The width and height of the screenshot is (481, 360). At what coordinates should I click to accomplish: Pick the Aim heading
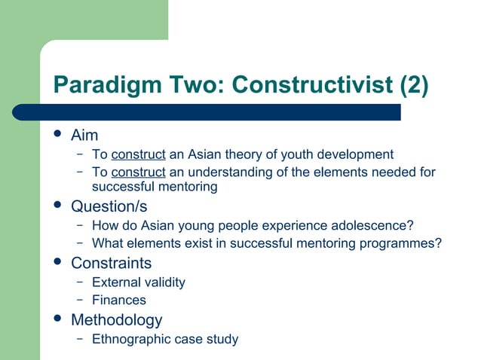[84, 136]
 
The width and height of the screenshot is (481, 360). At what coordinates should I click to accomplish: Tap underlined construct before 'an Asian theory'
[138, 155]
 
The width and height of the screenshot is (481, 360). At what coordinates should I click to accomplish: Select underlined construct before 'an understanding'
[138, 172]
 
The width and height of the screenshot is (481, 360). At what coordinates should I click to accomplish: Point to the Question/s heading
[109, 206]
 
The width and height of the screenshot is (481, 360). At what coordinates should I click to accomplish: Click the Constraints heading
[111, 263]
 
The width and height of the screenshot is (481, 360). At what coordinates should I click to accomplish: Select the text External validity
[138, 282]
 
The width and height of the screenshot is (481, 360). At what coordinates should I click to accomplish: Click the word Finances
[118, 300]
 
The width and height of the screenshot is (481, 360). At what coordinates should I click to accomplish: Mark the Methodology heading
[116, 320]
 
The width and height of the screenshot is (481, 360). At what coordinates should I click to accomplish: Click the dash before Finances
[79, 300]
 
